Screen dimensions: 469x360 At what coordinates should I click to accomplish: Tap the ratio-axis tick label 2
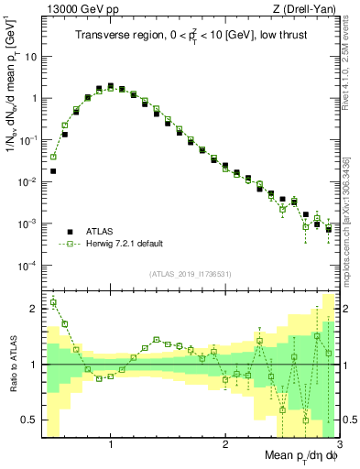point(33,309)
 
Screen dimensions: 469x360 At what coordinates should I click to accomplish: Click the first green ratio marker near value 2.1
point(54,303)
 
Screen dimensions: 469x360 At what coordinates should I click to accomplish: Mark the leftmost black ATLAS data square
point(54,170)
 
